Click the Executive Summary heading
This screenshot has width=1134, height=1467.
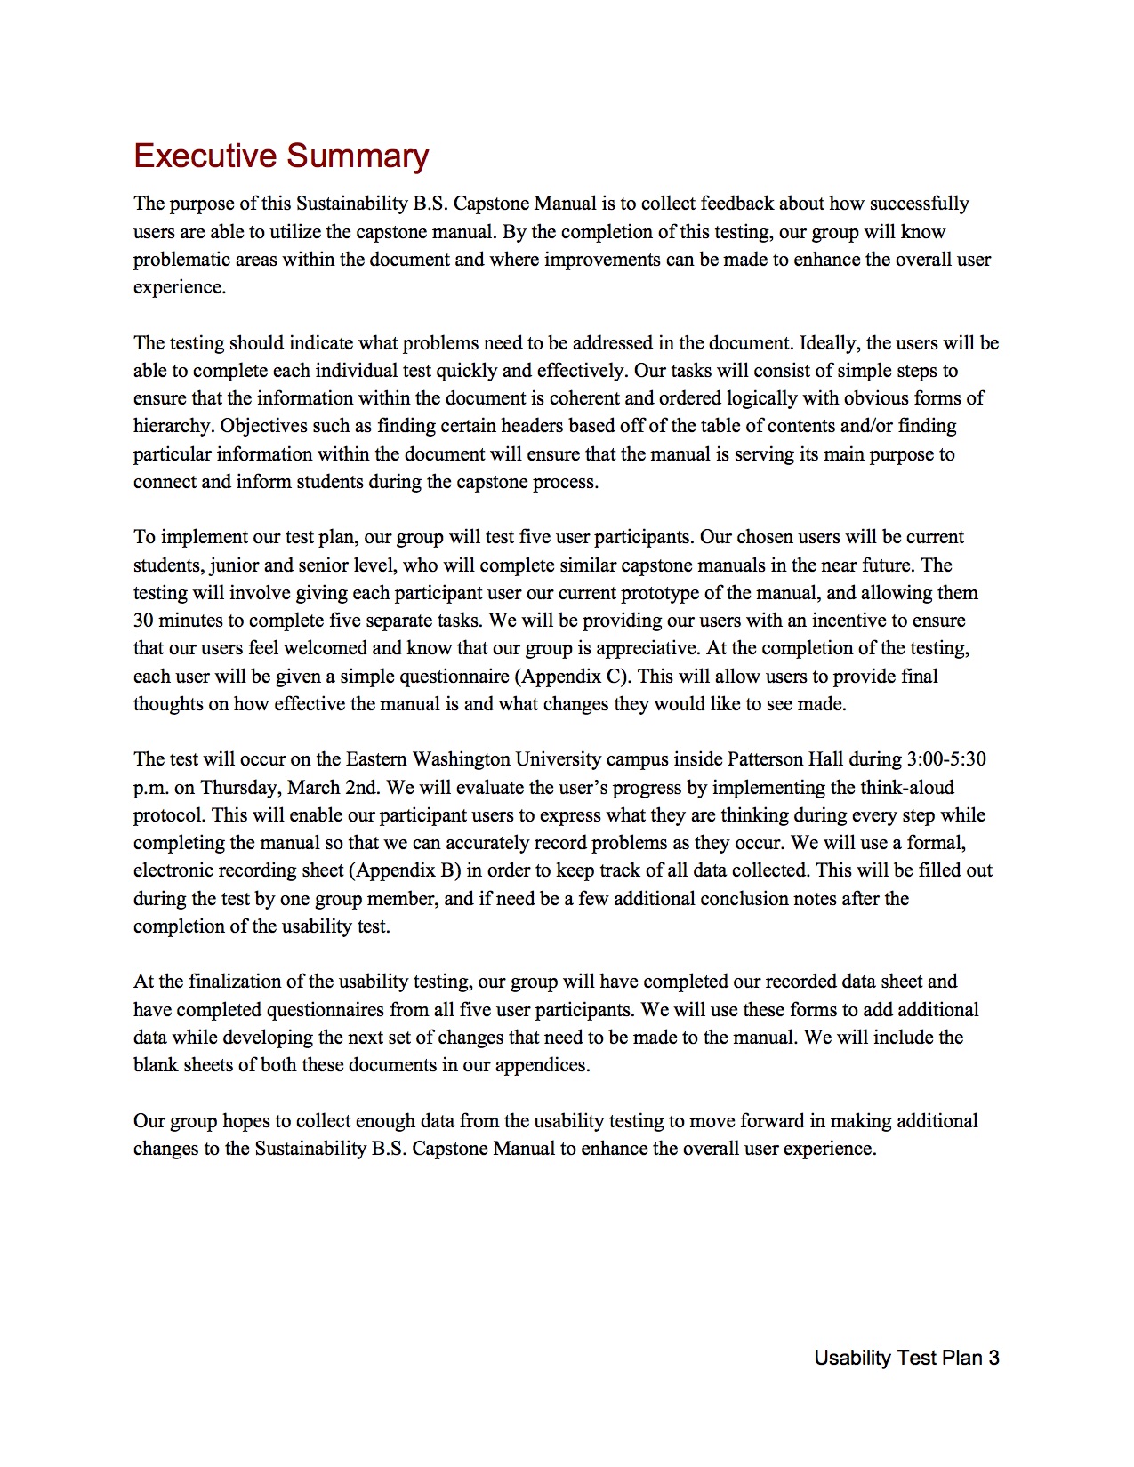point(281,156)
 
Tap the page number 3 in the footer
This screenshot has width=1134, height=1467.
point(993,1358)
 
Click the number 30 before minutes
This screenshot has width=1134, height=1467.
point(144,621)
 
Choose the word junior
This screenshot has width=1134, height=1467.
point(234,565)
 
